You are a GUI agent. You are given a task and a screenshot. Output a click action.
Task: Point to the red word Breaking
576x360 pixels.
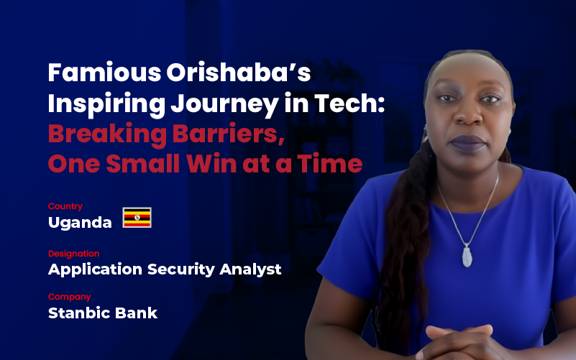103,134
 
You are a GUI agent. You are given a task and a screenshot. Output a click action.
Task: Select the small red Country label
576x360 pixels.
65,206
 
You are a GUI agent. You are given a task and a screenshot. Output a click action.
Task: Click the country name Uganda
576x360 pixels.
80,223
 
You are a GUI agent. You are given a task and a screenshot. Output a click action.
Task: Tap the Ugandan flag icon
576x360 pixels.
137,218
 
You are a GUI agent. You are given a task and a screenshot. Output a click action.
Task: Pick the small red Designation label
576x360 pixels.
74,254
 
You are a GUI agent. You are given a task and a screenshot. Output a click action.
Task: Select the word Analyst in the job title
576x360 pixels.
252,270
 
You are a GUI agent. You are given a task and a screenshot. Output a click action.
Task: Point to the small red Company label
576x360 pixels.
69,296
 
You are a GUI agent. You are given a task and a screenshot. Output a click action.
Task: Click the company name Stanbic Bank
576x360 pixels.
103,313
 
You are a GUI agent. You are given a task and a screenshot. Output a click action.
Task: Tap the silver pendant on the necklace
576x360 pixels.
467,254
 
